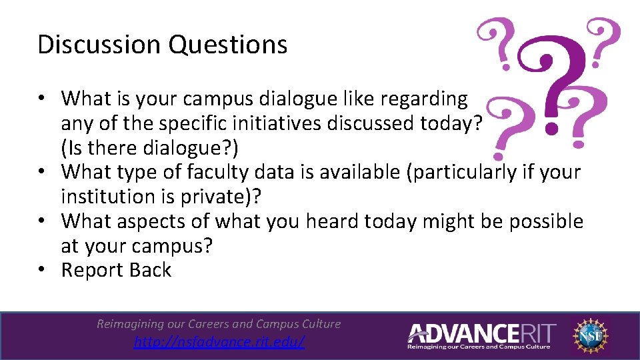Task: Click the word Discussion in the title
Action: [99, 45]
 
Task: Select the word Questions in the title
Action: [228, 45]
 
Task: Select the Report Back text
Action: [116, 270]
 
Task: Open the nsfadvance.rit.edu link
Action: [219, 342]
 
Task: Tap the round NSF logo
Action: [591, 334]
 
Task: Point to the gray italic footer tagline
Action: [219, 324]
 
